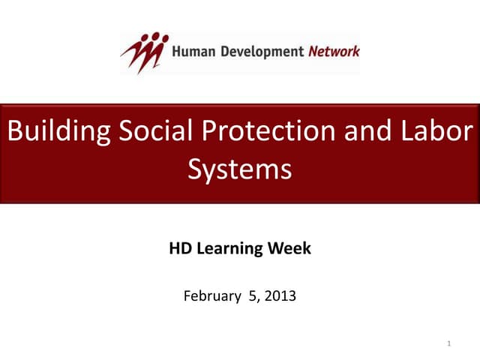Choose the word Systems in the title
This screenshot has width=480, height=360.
tap(239, 169)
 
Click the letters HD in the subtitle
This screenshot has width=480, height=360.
tap(181, 249)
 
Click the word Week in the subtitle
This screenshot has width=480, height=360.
tap(289, 249)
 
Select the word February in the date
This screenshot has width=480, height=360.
tap(212, 296)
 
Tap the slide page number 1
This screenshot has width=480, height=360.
tap(447, 343)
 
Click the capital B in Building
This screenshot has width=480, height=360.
tap(14, 132)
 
